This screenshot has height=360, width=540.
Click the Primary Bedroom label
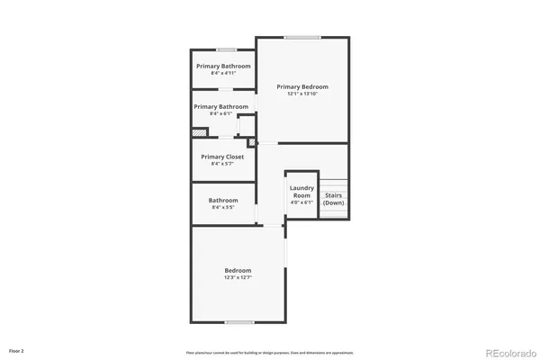[x=301, y=87]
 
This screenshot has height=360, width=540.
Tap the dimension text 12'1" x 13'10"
[x=301, y=94]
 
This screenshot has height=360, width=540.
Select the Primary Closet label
[x=222, y=157]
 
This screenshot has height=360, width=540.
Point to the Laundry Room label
[x=301, y=192]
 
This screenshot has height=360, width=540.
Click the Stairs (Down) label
[x=334, y=199]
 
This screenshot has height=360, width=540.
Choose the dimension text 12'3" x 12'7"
[x=238, y=277]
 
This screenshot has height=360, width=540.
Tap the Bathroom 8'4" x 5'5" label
[x=223, y=203]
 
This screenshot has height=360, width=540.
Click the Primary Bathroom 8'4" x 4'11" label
[x=223, y=68]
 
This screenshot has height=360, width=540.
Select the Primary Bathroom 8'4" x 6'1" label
[x=221, y=110]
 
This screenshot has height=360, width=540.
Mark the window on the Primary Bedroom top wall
[x=302, y=37]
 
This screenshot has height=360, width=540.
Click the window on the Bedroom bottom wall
[x=238, y=321]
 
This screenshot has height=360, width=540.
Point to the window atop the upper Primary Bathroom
[x=226, y=49]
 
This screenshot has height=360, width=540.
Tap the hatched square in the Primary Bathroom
[x=199, y=133]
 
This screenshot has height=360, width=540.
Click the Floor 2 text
[x=16, y=349]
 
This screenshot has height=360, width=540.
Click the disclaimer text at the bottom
[x=270, y=353]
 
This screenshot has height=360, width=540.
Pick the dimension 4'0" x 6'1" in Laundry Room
[x=301, y=202]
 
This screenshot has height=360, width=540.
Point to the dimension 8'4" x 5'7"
[x=222, y=164]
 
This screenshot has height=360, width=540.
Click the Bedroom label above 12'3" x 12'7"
[x=238, y=270]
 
